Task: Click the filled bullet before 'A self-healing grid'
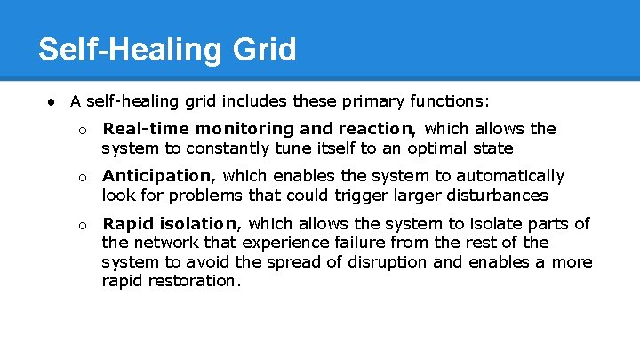[53, 100]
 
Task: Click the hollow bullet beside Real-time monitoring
[81, 130]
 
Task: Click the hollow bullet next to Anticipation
[81, 177]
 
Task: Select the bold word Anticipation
[157, 176]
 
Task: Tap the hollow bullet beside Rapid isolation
[81, 225]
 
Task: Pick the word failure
[356, 243]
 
